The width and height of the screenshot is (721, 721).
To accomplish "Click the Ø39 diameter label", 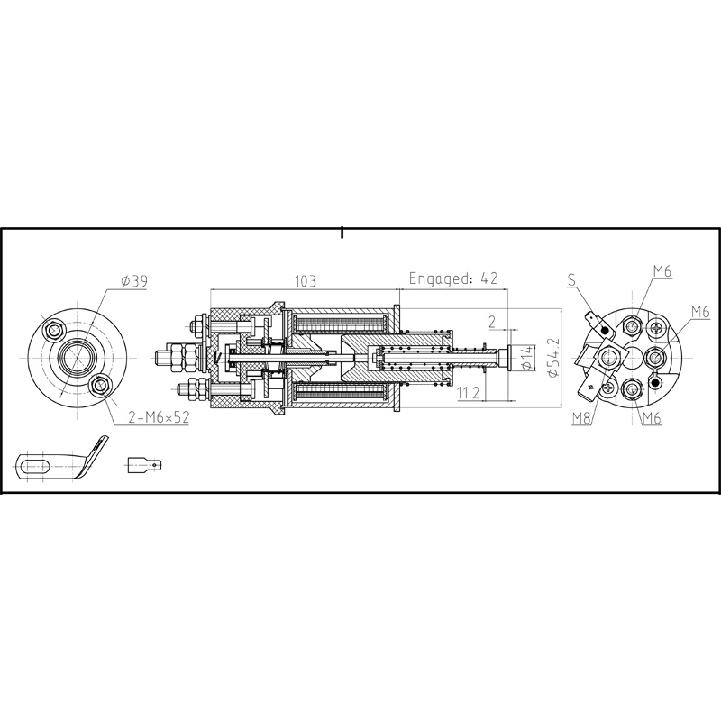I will [x=133, y=282].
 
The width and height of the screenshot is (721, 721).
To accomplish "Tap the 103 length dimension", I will [x=305, y=281].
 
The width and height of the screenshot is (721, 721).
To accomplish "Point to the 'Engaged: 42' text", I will [x=453, y=278].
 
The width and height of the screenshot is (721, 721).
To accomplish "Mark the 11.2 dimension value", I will [x=468, y=393].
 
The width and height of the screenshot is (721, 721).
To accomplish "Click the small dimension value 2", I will [x=491, y=321].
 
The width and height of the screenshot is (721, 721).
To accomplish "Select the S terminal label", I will [x=571, y=280].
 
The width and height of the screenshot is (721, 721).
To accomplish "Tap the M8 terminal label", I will [x=581, y=419].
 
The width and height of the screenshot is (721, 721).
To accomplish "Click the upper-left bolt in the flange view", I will [x=56, y=326].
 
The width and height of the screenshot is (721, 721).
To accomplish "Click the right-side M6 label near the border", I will [x=700, y=312].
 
